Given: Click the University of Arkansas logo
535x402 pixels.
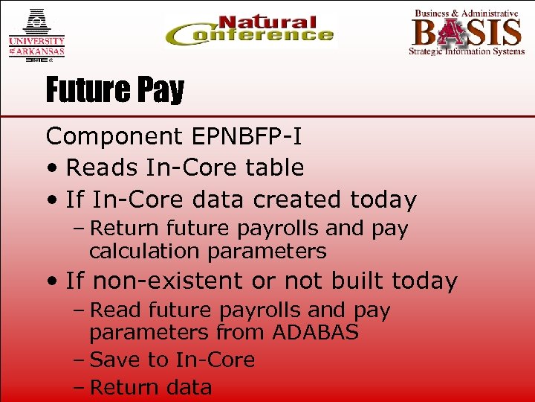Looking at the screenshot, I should point(36,33).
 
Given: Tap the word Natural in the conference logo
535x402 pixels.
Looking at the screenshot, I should point(267,22).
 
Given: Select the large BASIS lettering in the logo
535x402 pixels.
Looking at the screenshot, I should point(467,33).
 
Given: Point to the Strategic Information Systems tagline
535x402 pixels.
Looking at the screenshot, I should point(466,51).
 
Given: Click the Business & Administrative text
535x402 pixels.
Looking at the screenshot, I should point(466,13).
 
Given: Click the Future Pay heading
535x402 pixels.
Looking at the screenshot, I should point(114,91).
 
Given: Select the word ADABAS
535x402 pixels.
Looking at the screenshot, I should point(316,332).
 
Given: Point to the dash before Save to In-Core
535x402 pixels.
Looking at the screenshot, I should point(79,360).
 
